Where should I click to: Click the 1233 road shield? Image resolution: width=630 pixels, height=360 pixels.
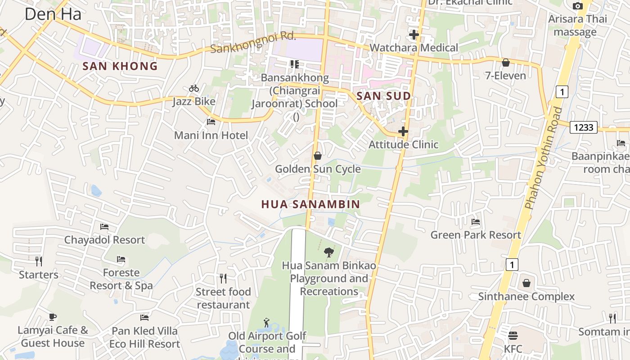coord(583,127)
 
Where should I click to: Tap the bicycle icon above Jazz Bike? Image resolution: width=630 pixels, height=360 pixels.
coord(194,88)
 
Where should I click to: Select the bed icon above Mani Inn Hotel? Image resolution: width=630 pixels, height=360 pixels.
coord(211,121)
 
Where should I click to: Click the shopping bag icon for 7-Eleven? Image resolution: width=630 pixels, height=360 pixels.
coord(505,63)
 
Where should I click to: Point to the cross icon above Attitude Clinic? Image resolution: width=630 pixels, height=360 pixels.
coord(403,131)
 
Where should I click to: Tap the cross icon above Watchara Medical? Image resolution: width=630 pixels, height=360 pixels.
coord(414,34)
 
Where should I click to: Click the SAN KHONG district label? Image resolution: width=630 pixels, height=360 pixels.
coord(120,66)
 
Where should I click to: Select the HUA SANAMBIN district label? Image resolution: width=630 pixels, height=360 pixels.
coord(310,204)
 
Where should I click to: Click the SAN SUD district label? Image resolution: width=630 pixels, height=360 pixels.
coord(383,96)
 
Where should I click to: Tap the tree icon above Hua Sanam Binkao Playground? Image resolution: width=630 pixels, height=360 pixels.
coord(329,252)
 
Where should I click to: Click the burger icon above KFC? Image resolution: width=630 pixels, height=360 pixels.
coord(513,336)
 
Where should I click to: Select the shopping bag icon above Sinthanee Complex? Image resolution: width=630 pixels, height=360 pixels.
coord(526,283)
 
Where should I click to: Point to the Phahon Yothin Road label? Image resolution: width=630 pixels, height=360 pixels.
coord(544,158)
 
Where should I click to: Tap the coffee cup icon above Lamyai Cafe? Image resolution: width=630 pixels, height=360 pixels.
coord(53,317)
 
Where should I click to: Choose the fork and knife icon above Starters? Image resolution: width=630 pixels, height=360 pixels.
coord(39,261)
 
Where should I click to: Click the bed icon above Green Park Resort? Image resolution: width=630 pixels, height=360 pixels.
coord(476,222)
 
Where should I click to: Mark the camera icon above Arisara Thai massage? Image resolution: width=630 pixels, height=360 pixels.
coord(577,6)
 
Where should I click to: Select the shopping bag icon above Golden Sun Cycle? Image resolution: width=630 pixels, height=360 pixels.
coord(318,156)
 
